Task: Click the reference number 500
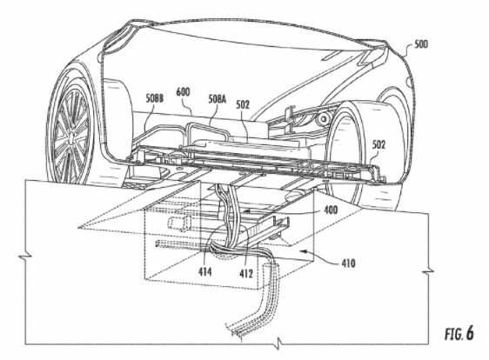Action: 421,44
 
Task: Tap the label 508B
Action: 154,98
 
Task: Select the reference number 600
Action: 183,92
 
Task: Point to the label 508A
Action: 218,99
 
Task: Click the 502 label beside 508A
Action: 243,104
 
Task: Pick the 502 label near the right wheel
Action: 378,144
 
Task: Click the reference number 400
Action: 331,210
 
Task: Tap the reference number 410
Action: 348,263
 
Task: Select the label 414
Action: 204,272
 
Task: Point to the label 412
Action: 246,273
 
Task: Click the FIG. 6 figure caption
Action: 459,333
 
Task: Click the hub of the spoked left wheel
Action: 72,138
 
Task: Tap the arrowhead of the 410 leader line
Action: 303,250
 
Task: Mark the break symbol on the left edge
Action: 25,257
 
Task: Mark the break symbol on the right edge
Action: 428,271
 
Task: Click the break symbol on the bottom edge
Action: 278,343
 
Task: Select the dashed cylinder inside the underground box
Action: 180,223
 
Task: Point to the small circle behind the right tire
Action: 325,118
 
